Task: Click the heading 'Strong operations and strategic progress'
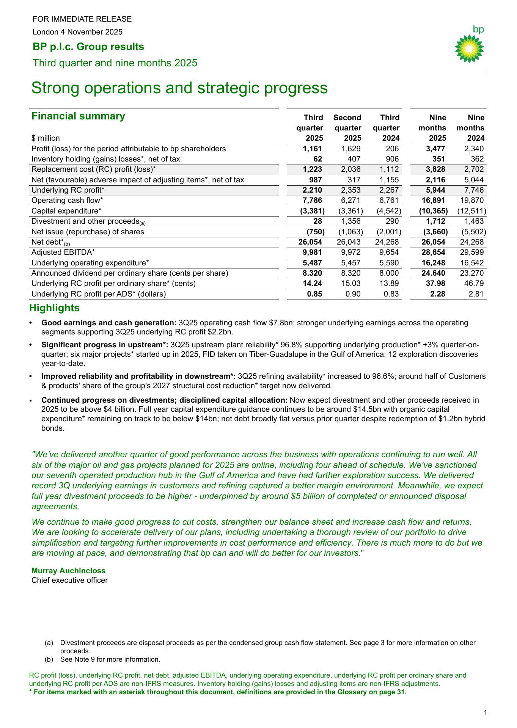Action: (x=179, y=88)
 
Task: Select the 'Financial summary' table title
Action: (x=78, y=116)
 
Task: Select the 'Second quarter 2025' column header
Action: (x=347, y=128)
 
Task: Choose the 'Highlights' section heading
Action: (x=55, y=308)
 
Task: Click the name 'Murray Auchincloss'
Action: (x=69, y=571)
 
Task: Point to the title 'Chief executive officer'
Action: (x=69, y=580)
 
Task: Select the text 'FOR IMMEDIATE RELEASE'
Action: (x=82, y=19)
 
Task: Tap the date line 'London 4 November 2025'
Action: (x=77, y=32)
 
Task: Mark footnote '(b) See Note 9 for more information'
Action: (x=102, y=659)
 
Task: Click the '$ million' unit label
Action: (x=46, y=138)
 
